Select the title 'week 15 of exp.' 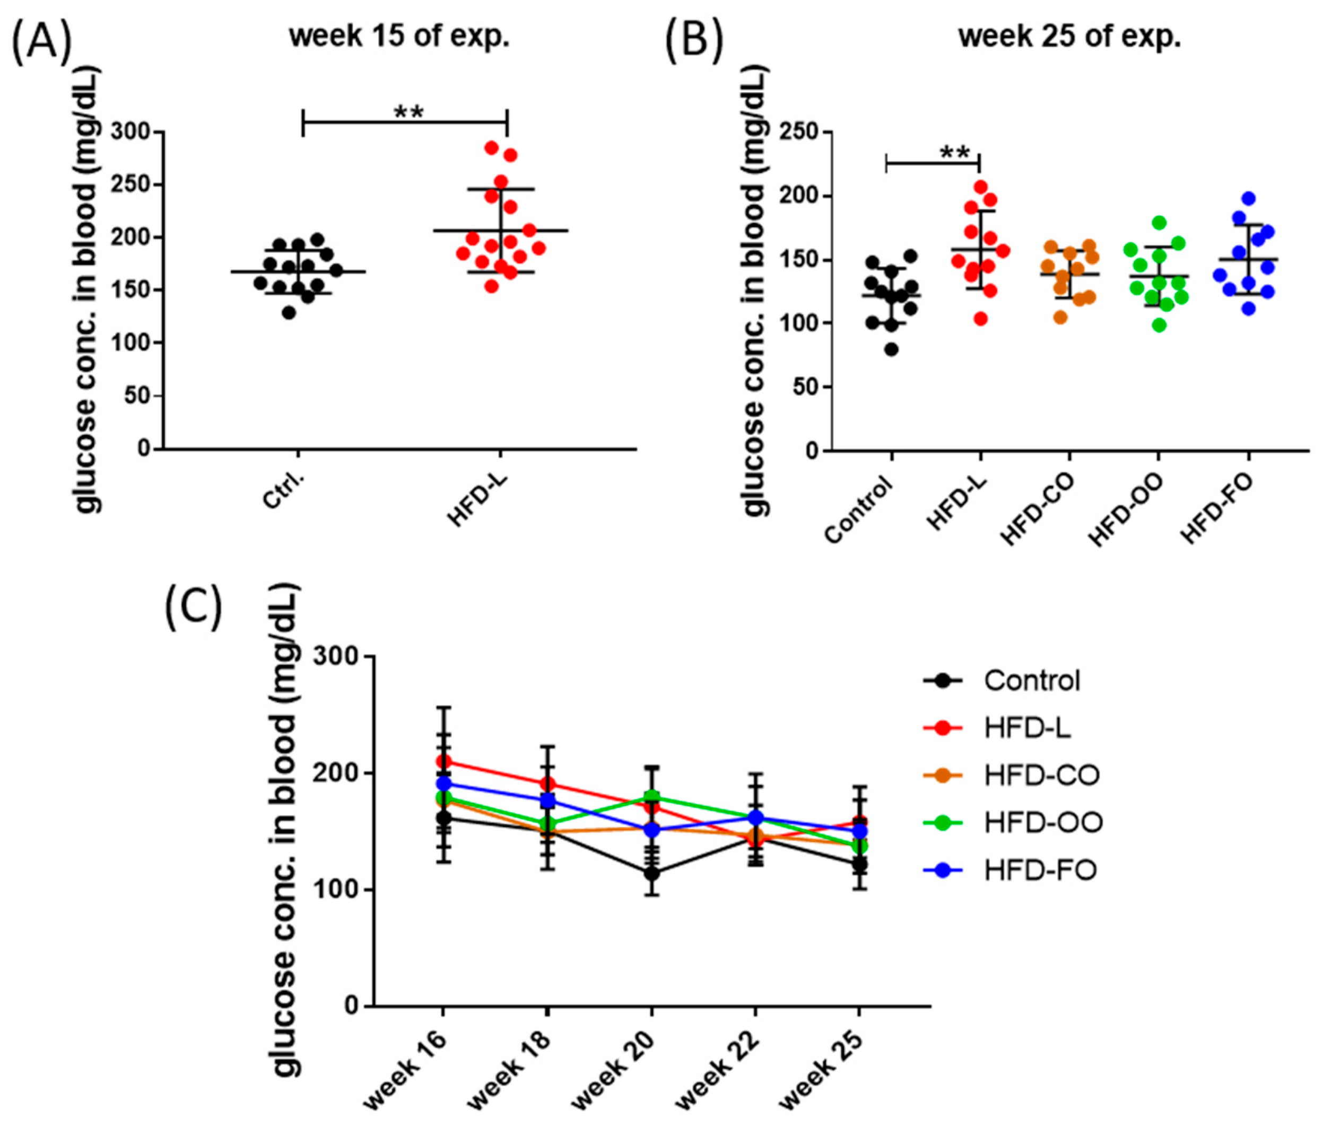[x=399, y=37]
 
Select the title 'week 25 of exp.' [x=1069, y=37]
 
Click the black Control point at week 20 [x=651, y=873]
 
